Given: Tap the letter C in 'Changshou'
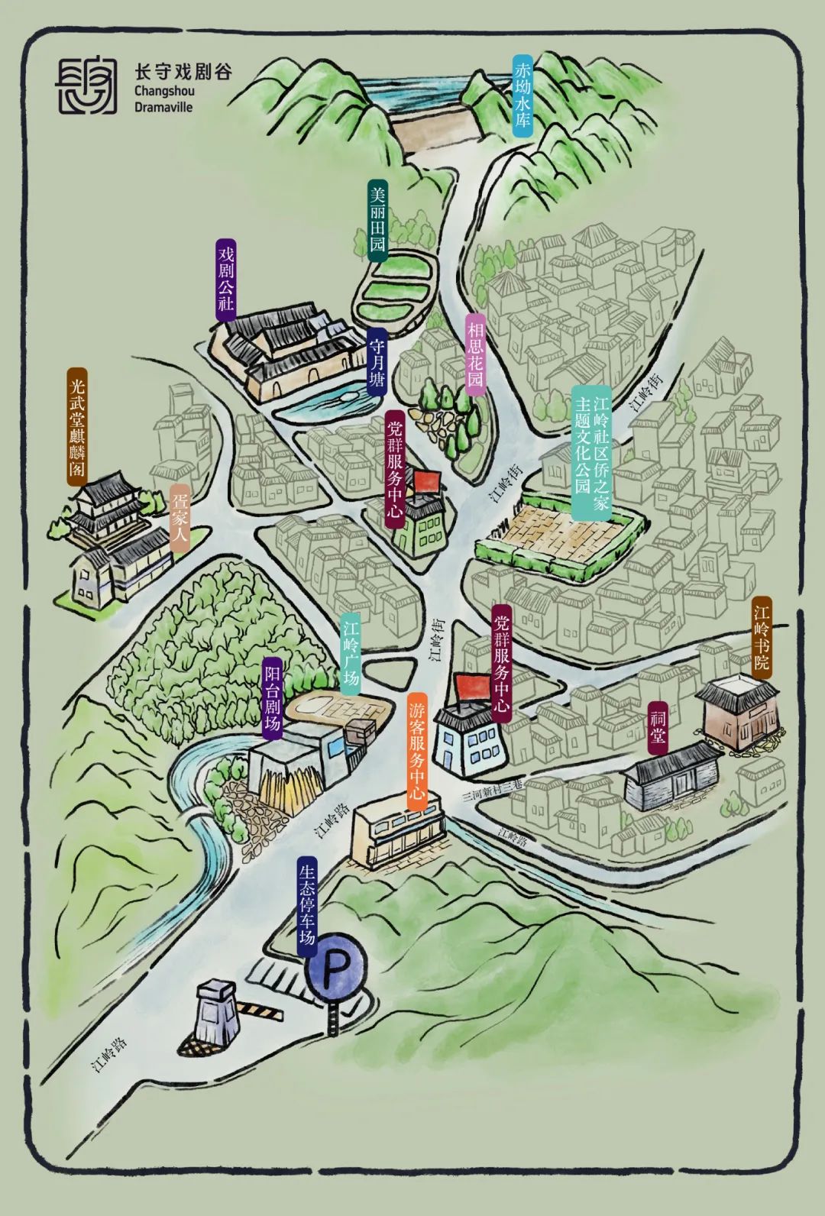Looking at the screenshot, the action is coord(139,91).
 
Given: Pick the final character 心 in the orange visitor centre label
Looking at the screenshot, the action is coord(416,793).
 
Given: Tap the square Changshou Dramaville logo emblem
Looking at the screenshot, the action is coord(87,85).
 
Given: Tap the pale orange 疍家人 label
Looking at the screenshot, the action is coord(180,519).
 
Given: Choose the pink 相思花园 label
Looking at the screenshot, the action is coord(475,354).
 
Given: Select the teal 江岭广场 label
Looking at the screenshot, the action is coord(351,654).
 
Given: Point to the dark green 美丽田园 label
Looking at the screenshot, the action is coord(378,221).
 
